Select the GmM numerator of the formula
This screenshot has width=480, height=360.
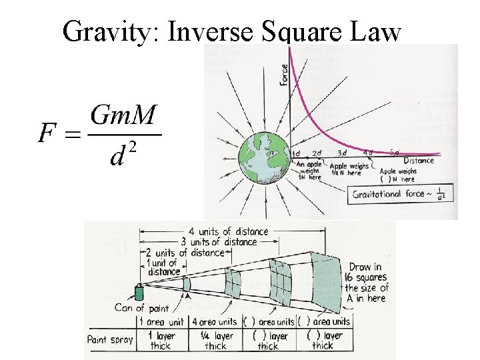pyautogui.click(x=123, y=117)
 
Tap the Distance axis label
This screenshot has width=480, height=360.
pyautogui.click(x=419, y=161)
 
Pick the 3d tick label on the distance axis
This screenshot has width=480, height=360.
pyautogui.click(x=343, y=153)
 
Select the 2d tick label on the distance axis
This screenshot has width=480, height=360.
pyautogui.click(x=317, y=153)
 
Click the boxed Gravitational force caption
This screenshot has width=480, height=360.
pyautogui.click(x=400, y=195)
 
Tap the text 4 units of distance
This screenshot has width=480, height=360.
pyautogui.click(x=229, y=231)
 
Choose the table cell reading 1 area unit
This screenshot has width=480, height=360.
pyautogui.click(x=161, y=322)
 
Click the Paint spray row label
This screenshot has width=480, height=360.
pyautogui.click(x=110, y=339)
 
